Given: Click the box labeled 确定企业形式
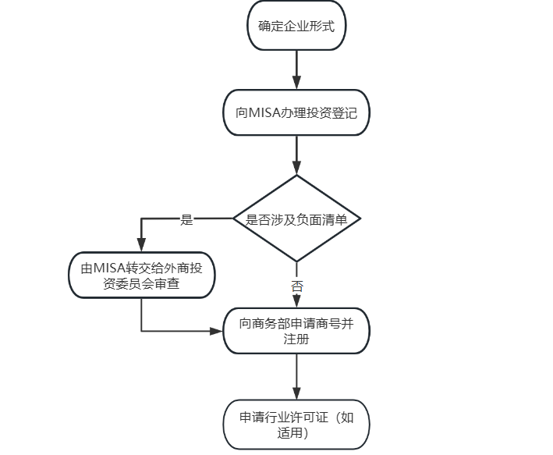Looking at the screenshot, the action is point(296,26).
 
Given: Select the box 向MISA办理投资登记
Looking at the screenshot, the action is point(296,112).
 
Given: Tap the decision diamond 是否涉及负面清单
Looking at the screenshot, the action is point(296,219).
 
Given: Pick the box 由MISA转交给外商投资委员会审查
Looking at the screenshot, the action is point(141,275).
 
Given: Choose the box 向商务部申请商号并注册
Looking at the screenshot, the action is point(296,331).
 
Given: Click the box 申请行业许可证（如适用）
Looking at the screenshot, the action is point(296,425).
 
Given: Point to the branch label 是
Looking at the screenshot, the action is point(186,219).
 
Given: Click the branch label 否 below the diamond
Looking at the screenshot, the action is point(297,286).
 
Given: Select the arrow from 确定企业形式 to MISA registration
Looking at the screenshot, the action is point(296,70).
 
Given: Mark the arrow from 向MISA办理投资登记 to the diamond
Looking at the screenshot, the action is point(296,155).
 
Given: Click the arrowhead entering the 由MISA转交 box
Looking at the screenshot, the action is point(141,245).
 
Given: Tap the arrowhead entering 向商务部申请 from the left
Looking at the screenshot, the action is point(216,331).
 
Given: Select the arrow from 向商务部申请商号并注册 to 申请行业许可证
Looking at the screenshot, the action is point(296,377).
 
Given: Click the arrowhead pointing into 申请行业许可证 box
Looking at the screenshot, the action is point(296,393).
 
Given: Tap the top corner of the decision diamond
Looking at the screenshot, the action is point(296,175).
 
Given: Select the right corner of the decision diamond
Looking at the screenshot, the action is point(360,219).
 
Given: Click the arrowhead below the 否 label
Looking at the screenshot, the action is point(296,300).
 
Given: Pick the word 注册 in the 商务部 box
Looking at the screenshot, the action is point(296,339).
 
